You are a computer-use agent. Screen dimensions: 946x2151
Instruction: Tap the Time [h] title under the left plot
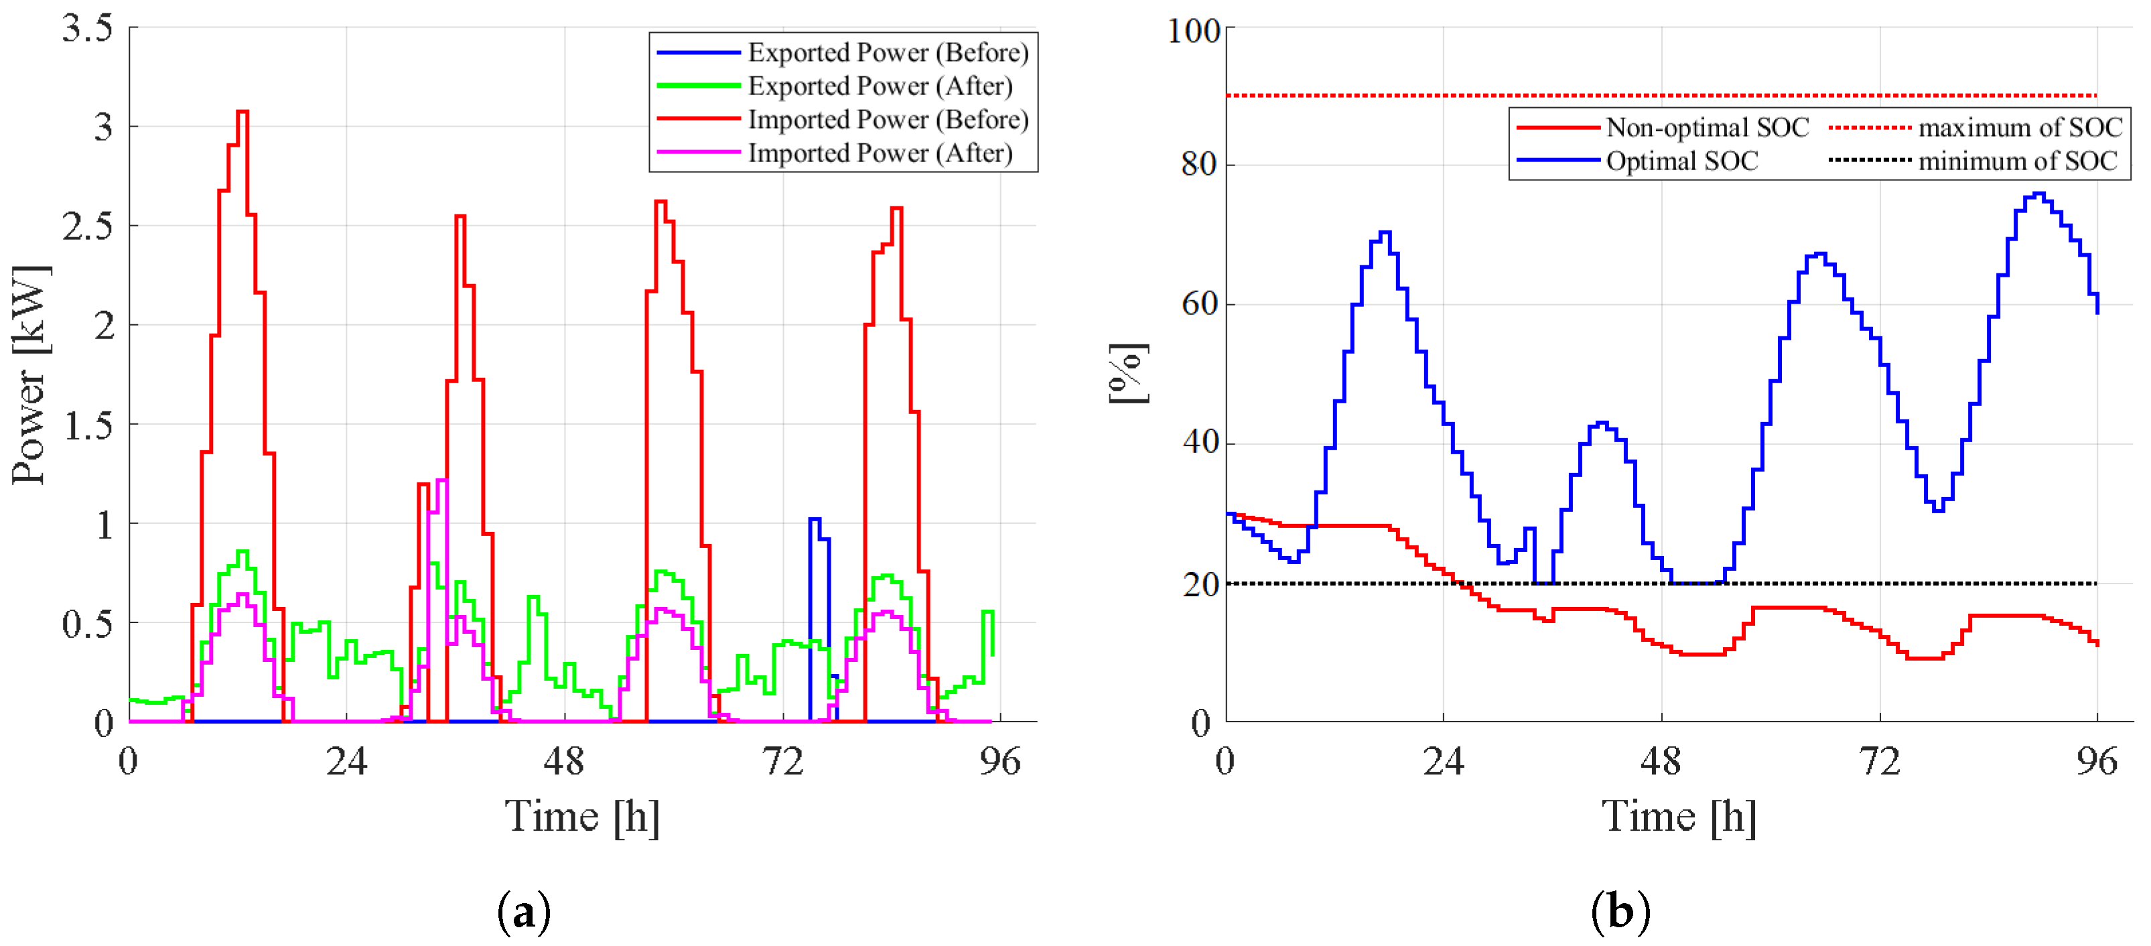tap(582, 817)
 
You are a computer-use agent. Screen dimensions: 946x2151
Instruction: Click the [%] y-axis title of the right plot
tap(1127, 374)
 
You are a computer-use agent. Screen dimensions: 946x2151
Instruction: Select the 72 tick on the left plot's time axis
tap(782, 762)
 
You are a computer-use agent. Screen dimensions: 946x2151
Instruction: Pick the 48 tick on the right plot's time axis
tap(1661, 762)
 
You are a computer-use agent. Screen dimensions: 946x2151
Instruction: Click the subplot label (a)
tap(524, 912)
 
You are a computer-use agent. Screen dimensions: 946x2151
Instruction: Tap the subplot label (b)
tap(1620, 912)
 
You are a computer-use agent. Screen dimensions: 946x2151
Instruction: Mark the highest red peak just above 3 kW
tap(242, 112)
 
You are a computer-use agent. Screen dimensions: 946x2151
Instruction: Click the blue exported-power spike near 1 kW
tap(815, 519)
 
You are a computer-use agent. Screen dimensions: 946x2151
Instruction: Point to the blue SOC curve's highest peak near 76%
tap(2038, 194)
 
